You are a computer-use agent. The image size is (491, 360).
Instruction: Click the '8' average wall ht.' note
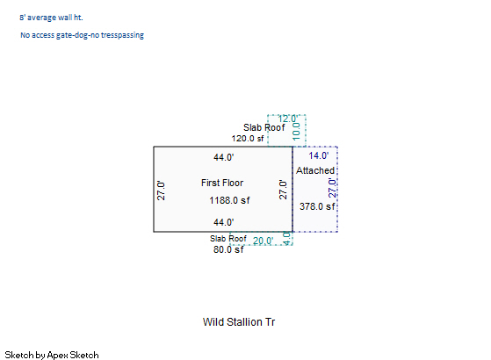[51, 18]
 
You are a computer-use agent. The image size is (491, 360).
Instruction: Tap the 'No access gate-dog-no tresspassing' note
[82, 35]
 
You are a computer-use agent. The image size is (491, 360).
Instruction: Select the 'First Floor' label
[222, 183]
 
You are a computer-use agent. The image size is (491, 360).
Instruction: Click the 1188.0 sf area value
[229, 200]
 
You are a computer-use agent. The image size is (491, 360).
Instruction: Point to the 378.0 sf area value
[317, 206]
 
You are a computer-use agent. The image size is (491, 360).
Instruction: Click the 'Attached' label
[315, 170]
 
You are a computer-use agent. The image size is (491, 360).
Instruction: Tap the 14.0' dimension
[319, 155]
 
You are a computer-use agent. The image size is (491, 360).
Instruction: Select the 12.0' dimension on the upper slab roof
[287, 119]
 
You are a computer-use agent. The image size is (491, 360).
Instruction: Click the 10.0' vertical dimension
[296, 131]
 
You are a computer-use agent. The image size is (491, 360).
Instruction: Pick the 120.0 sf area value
[248, 139]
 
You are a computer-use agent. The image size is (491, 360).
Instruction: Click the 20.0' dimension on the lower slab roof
[263, 241]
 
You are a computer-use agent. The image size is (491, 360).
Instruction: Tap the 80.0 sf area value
[228, 249]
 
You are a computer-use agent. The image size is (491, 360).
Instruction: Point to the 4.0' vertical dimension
[286, 239]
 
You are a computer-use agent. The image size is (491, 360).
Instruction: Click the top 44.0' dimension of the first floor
[224, 157]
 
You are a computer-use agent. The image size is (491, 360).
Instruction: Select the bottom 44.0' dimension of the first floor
[224, 222]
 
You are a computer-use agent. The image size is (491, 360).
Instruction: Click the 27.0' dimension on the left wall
[161, 191]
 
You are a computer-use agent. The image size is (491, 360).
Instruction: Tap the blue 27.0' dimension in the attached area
[332, 188]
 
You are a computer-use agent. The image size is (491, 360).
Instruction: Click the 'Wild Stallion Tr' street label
[239, 322]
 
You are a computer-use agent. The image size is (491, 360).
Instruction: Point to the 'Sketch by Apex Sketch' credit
[52, 355]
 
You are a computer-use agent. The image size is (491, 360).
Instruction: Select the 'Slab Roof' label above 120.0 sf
[264, 127]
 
